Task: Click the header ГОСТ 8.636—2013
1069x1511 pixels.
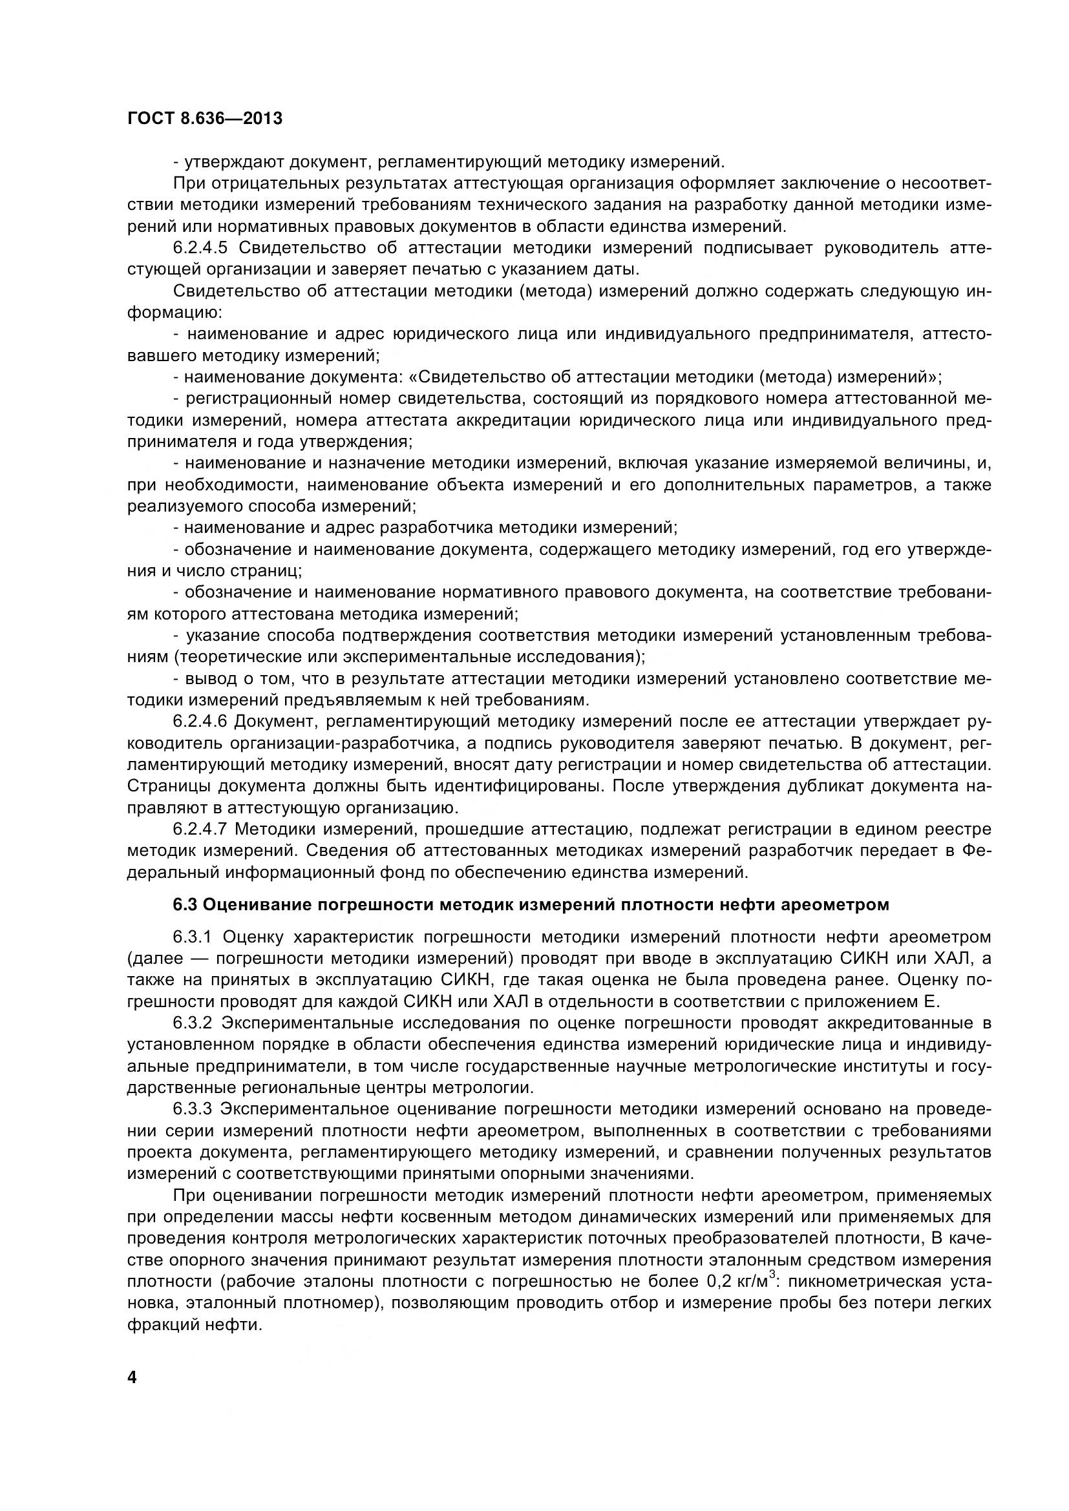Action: pos(204,118)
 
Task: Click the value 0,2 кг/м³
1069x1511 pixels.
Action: pos(741,1281)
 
